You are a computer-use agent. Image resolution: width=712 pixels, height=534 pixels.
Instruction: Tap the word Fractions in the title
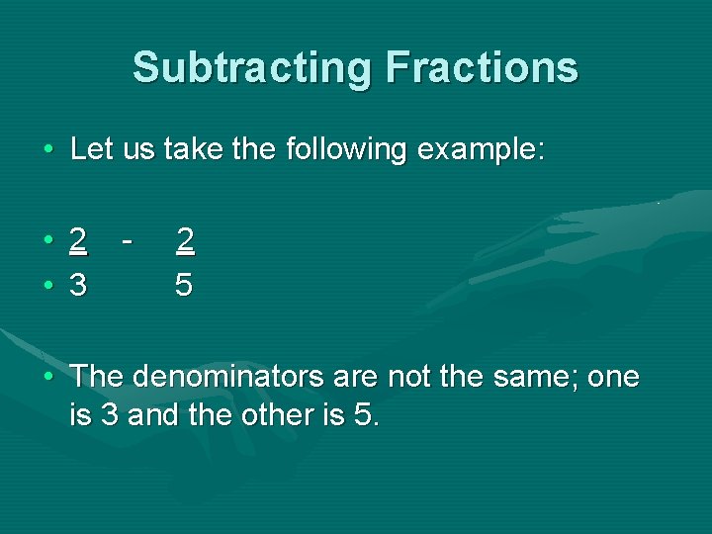coord(482,67)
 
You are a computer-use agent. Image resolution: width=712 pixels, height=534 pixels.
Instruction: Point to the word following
coord(348,150)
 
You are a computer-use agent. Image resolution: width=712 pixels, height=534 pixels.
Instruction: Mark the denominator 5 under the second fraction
coord(184,286)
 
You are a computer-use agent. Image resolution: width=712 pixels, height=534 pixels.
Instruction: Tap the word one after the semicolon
coord(613,377)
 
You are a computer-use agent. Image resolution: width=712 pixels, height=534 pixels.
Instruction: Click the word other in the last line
coord(277,415)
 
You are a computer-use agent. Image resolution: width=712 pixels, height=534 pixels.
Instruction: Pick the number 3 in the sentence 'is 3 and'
coord(108,415)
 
